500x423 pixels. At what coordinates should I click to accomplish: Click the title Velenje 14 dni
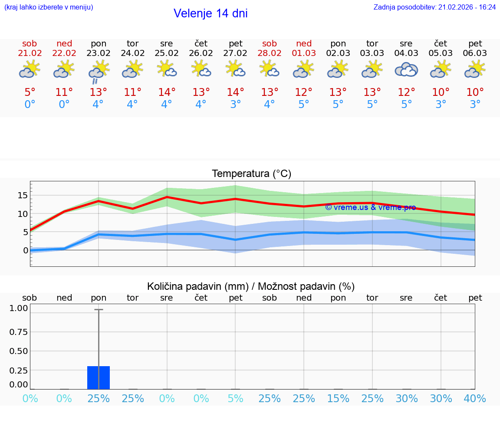click(x=211, y=13)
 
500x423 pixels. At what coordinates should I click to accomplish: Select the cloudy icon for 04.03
click(x=406, y=69)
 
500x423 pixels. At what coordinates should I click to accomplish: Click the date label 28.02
click(x=270, y=53)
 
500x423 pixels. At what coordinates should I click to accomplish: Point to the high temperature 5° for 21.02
click(x=30, y=92)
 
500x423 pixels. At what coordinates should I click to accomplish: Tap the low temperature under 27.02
click(x=235, y=105)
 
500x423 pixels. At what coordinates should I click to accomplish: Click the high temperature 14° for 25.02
click(x=167, y=92)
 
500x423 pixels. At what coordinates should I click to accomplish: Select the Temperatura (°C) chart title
click(x=251, y=174)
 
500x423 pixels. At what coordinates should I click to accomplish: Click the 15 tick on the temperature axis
click(x=23, y=195)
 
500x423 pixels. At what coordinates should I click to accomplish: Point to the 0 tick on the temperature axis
click(x=26, y=250)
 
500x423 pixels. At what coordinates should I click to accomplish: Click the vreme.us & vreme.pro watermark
click(x=370, y=207)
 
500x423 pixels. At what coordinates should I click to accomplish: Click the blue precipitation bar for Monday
click(x=99, y=377)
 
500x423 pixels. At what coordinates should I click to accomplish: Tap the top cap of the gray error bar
click(x=99, y=310)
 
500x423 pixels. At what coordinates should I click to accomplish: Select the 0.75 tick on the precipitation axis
click(x=19, y=332)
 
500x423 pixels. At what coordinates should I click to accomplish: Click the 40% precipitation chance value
click(x=475, y=399)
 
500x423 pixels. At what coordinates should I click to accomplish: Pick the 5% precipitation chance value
click(x=235, y=399)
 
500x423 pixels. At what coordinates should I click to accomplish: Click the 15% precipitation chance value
click(x=338, y=399)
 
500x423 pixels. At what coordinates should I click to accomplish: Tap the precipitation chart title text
click(x=251, y=286)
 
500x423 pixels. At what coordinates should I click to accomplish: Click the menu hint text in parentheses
click(x=49, y=7)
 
